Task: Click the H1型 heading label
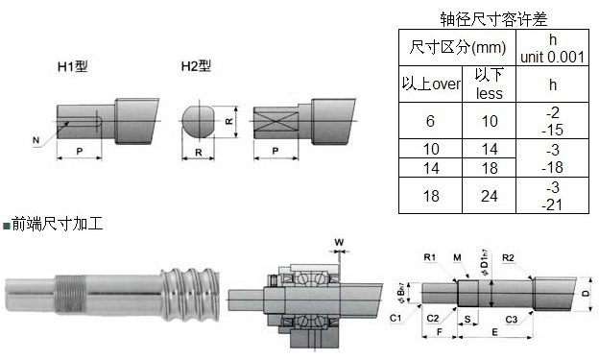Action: [73, 66]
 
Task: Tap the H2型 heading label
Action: [196, 66]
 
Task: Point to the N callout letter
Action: [36, 140]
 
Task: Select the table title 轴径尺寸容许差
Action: [493, 19]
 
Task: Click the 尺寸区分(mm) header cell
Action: [457, 47]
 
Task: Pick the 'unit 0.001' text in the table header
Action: [552, 57]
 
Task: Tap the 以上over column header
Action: [431, 84]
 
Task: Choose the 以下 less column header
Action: [489, 84]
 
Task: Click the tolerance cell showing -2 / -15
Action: [552, 121]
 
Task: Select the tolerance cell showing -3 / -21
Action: [552, 196]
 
